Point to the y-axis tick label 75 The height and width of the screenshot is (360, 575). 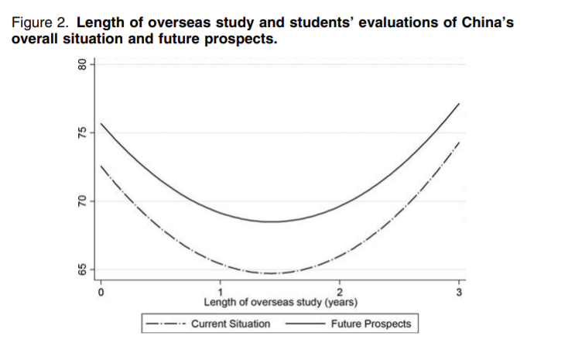click(x=79, y=133)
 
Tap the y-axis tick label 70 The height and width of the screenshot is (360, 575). click(x=79, y=201)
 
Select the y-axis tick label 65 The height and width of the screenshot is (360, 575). click(x=79, y=269)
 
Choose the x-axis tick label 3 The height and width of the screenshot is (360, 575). click(x=459, y=292)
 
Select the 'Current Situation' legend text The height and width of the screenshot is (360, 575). click(x=231, y=324)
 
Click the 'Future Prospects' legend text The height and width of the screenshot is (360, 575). click(x=371, y=324)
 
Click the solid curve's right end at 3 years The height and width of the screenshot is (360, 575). click(x=459, y=104)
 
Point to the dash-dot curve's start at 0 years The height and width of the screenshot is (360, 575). click(x=101, y=166)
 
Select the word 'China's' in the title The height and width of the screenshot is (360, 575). click(x=485, y=22)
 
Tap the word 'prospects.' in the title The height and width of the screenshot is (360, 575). click(x=245, y=37)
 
